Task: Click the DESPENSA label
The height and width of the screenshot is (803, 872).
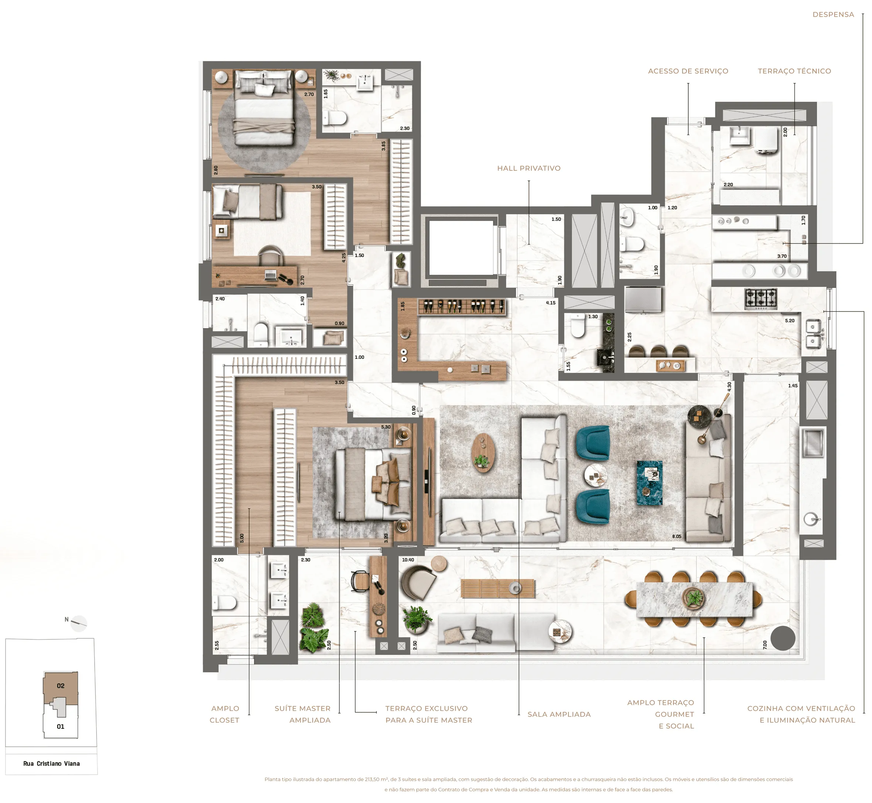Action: tap(833, 14)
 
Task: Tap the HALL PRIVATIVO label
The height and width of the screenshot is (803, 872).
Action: tap(528, 168)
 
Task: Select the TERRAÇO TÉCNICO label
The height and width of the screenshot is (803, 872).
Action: tap(794, 71)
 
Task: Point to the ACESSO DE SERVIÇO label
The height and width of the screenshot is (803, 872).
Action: tap(688, 71)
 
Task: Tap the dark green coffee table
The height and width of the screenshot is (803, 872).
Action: tap(649, 482)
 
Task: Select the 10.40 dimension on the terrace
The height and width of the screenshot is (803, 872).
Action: tap(408, 560)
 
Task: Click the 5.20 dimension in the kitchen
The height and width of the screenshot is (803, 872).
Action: tap(790, 321)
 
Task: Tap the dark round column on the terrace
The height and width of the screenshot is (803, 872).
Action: tap(783, 638)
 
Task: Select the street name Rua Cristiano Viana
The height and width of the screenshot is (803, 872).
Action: tap(51, 763)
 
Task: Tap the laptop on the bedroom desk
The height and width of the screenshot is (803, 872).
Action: tap(270, 275)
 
